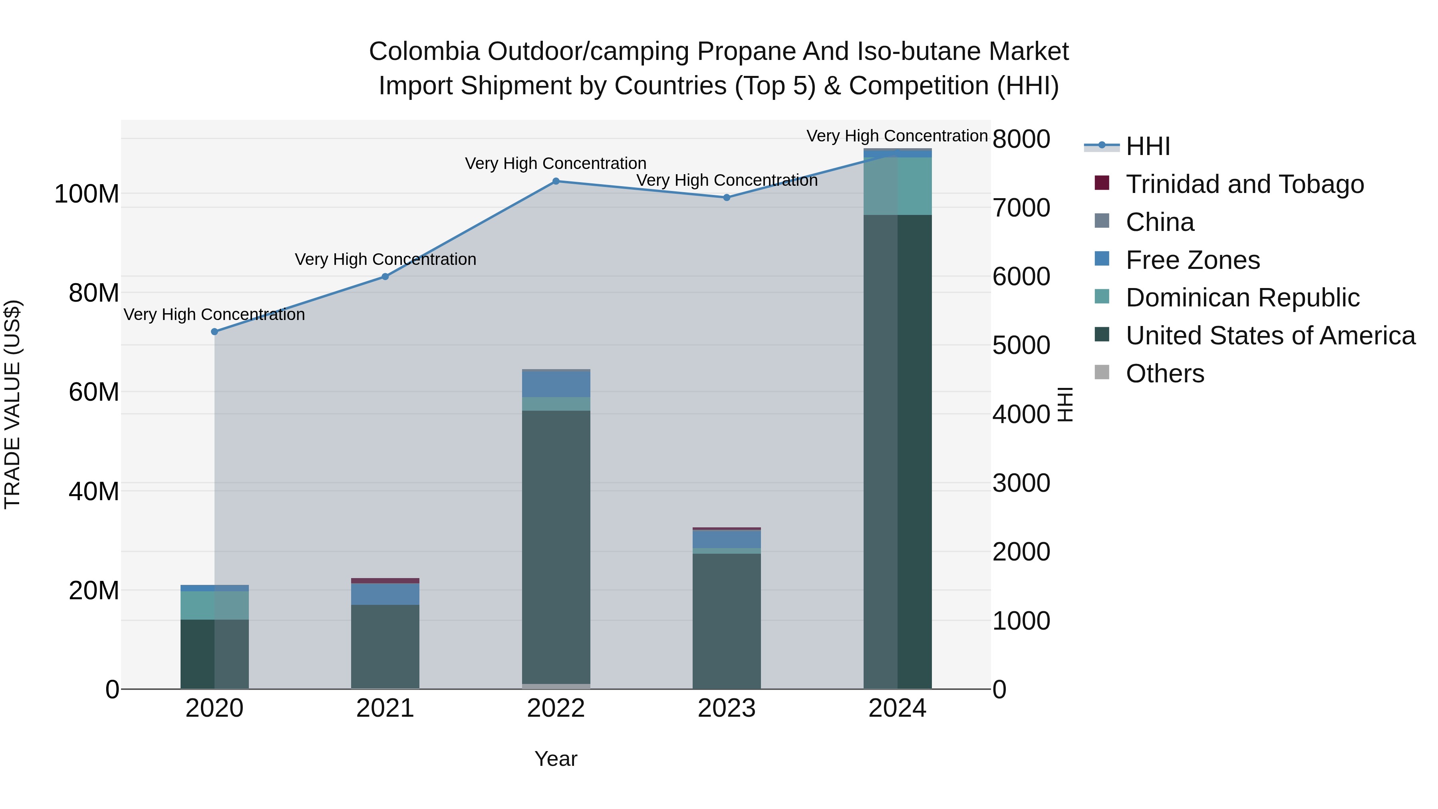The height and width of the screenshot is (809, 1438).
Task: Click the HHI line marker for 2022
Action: pos(556,181)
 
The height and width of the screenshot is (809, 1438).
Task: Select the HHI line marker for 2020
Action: pos(215,332)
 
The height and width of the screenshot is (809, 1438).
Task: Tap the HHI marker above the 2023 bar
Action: pos(726,197)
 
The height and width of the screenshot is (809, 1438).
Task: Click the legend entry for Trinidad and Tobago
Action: pos(1244,184)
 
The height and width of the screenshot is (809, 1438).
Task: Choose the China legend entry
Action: pos(1160,222)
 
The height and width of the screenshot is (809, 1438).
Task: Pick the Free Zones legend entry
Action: pos(1192,260)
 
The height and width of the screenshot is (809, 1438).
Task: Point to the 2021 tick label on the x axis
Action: pos(385,708)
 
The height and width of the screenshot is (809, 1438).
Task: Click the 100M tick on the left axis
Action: pos(87,194)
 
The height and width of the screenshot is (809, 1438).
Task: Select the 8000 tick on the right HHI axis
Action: pos(1021,139)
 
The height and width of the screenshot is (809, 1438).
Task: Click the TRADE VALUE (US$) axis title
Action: pos(12,404)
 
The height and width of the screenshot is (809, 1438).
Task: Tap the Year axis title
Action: pos(556,759)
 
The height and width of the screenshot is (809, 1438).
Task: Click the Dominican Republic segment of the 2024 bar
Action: pos(897,186)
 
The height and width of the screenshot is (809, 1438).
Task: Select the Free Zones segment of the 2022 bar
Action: pos(556,384)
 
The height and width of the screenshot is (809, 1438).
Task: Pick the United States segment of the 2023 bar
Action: pos(726,620)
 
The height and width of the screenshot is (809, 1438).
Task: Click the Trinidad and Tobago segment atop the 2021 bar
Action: pos(385,580)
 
